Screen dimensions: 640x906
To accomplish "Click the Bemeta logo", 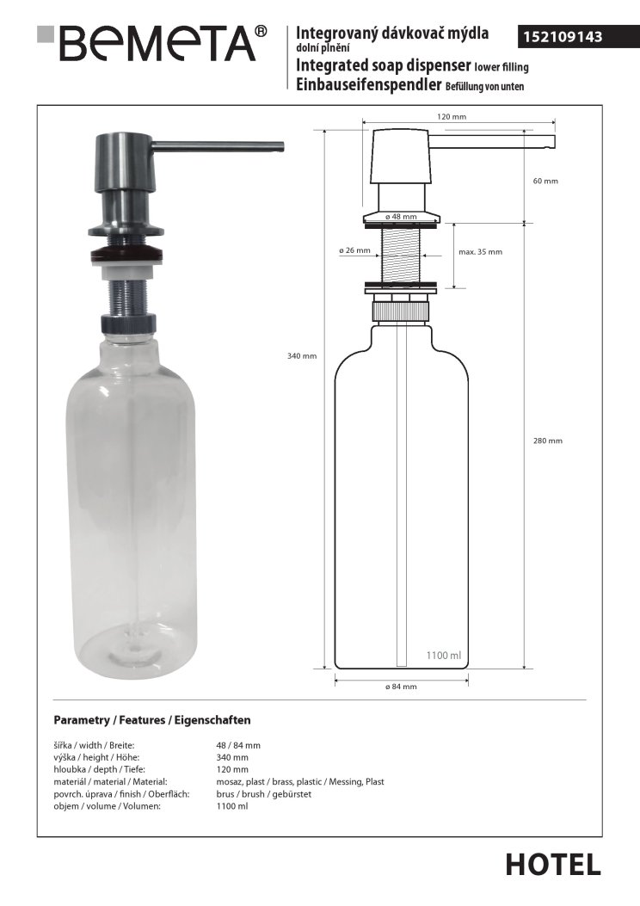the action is click(x=152, y=43).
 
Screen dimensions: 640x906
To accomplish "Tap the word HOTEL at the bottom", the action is click(x=553, y=865).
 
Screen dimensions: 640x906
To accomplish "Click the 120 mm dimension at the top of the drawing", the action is click(x=451, y=117).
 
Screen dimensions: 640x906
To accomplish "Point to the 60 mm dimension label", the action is click(x=545, y=181).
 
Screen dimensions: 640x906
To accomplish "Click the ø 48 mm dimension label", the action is click(x=401, y=217).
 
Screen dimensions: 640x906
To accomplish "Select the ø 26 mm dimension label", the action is click(x=354, y=250).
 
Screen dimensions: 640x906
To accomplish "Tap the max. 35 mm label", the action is click(x=480, y=252).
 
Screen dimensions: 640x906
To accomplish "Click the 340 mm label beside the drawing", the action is click(x=302, y=356).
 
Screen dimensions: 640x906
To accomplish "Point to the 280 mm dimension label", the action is click(x=548, y=441).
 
